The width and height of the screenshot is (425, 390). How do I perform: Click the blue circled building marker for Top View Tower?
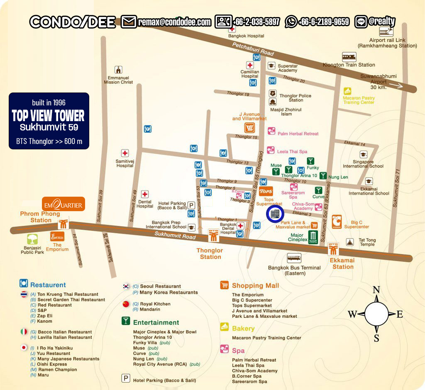click(x=274, y=214)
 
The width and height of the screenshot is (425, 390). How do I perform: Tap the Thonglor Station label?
click(x=210, y=253)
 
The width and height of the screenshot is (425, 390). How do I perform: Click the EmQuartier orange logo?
click(x=64, y=204)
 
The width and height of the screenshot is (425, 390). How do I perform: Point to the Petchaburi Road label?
click(x=253, y=49)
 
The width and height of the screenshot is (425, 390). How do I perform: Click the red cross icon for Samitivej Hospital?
click(x=125, y=153)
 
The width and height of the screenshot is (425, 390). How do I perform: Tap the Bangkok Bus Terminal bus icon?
click(x=294, y=258)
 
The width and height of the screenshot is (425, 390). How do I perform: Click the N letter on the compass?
click(x=376, y=290)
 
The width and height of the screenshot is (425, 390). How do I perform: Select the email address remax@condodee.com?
click(x=174, y=22)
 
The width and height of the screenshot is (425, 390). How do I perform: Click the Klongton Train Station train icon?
click(x=349, y=56)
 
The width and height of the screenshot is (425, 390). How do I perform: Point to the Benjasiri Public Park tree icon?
click(x=33, y=239)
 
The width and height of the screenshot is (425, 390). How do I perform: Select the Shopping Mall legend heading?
click(x=255, y=285)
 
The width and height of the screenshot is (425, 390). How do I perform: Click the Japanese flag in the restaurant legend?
click(x=24, y=347)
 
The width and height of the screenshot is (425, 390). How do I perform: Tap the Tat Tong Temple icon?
click(x=350, y=241)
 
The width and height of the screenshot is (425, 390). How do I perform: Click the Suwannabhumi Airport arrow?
click(x=396, y=86)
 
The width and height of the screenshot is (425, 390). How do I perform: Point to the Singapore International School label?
click(x=363, y=164)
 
